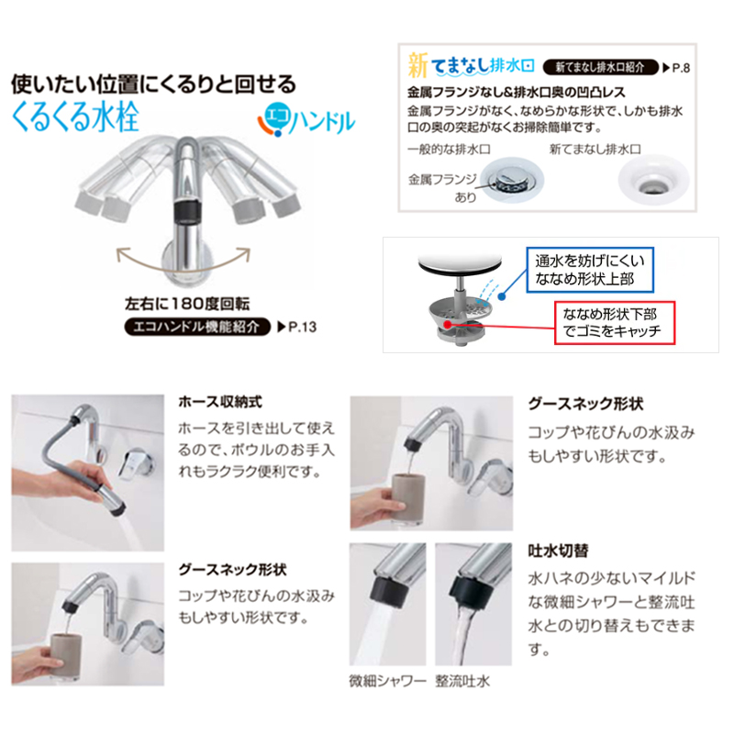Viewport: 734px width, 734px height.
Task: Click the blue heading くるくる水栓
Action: pyautogui.click(x=75, y=117)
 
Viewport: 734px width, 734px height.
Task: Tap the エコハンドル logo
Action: pyautogui.click(x=306, y=119)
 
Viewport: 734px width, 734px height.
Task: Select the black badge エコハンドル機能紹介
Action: pyautogui.click(x=197, y=327)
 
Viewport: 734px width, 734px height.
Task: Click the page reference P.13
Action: pyautogui.click(x=297, y=327)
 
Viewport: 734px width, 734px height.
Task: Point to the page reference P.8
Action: pyautogui.click(x=676, y=68)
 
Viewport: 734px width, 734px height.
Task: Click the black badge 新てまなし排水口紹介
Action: pyautogui.click(x=600, y=67)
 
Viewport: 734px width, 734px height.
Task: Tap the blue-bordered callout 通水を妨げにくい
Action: pyautogui.click(x=590, y=270)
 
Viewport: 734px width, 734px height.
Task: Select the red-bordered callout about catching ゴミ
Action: pyautogui.click(x=615, y=323)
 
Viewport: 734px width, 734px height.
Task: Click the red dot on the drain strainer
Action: pyautogui.click(x=448, y=324)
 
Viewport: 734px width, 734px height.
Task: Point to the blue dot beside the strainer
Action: pyautogui.click(x=502, y=296)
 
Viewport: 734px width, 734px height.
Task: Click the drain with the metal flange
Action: pyautogui.click(x=512, y=181)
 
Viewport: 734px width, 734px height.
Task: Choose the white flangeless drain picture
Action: pyautogui.click(x=653, y=181)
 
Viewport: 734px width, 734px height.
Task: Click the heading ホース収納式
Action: pyautogui.click(x=220, y=402)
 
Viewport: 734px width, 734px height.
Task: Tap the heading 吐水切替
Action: pyautogui.click(x=558, y=550)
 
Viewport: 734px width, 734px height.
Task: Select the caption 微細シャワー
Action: pyautogui.click(x=387, y=681)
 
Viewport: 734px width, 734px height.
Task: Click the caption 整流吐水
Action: pyautogui.click(x=462, y=681)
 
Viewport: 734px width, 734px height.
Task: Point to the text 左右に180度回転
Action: pyautogui.click(x=187, y=304)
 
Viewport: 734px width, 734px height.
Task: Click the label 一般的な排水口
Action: pyautogui.click(x=449, y=150)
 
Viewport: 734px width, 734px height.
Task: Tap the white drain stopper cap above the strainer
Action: pyautogui.click(x=460, y=262)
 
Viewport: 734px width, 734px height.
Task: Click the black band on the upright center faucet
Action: pyautogui.click(x=187, y=211)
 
